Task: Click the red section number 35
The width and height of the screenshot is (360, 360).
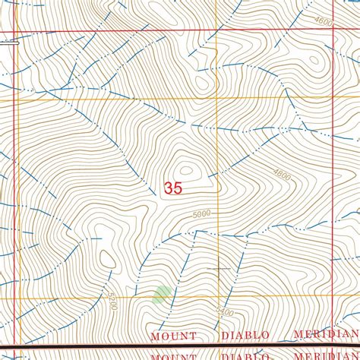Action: tap(172, 188)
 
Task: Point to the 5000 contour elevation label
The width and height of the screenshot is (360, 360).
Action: tap(201, 216)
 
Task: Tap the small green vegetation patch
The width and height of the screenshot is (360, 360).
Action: tap(162, 294)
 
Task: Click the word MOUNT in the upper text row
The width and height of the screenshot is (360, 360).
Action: tap(172, 335)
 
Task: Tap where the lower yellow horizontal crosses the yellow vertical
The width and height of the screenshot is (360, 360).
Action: tap(219, 298)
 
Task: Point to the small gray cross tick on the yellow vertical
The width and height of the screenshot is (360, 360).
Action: tap(218, 269)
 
